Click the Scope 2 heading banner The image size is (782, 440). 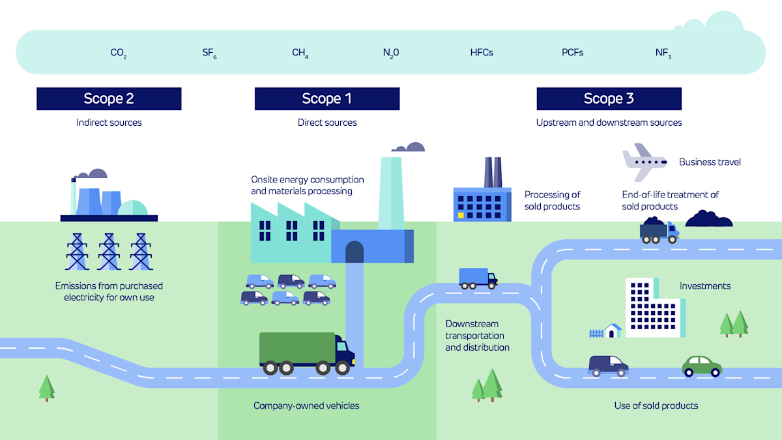tap(109, 99)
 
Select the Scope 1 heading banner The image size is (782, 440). tap(326, 99)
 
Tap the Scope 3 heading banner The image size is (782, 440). tap(609, 99)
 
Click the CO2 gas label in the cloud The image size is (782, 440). tap(118, 53)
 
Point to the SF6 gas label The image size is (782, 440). tap(209, 53)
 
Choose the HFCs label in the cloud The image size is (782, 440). tap(482, 52)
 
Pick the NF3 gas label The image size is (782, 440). tap(663, 53)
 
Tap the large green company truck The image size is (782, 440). tap(306, 353)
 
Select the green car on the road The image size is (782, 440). tap(702, 366)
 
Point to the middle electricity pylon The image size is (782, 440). tap(109, 252)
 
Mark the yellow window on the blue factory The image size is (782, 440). tap(461, 214)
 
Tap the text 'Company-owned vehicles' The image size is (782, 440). tap(306, 405)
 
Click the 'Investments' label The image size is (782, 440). tap(704, 286)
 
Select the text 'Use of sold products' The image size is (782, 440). tap(656, 405)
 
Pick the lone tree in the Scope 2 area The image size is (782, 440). tap(46, 387)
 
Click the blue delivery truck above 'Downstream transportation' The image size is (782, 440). tap(478, 278)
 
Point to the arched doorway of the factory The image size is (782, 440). tap(354, 252)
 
